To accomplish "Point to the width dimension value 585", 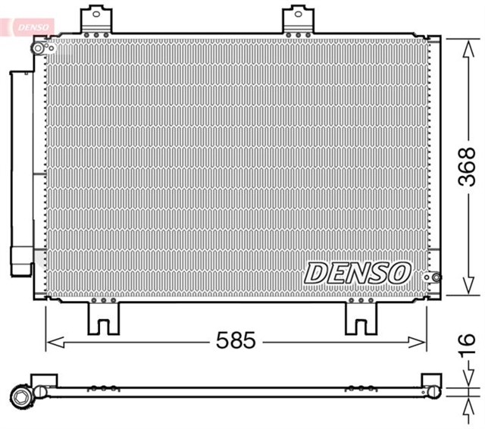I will [x=236, y=340].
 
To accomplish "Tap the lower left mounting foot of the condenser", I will [x=104, y=317].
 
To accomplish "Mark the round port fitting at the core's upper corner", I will [x=38, y=48].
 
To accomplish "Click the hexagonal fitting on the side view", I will [x=20, y=396].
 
